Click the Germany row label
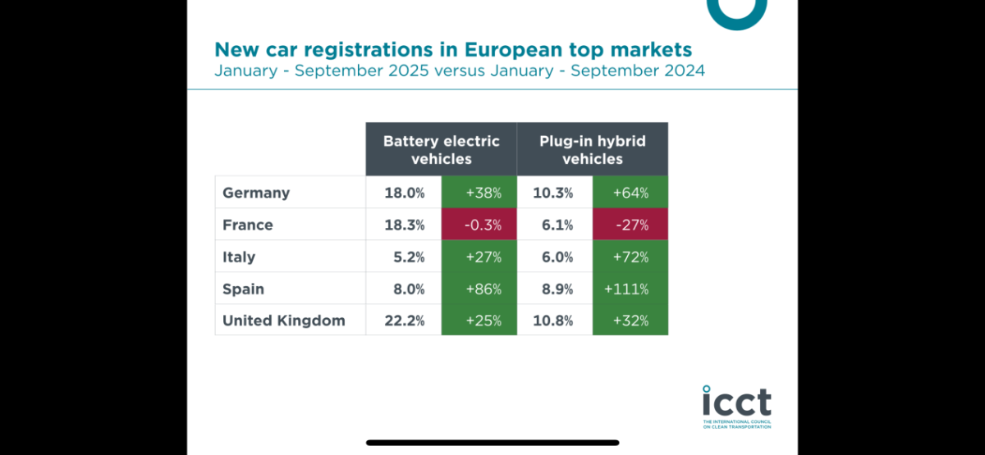point(256,193)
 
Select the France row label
point(248,225)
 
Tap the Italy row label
point(239,257)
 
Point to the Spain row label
point(243,289)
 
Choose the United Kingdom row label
point(284,321)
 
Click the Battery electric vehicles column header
point(441,149)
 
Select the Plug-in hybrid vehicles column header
point(592,149)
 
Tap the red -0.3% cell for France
point(479,225)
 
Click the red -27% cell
point(630,225)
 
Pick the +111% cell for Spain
point(630,289)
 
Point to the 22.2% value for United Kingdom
point(404,321)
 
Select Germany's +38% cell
point(479,193)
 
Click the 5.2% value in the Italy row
point(408,257)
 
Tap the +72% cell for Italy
point(630,257)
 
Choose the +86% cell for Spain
point(479,289)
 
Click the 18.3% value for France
point(404,225)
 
